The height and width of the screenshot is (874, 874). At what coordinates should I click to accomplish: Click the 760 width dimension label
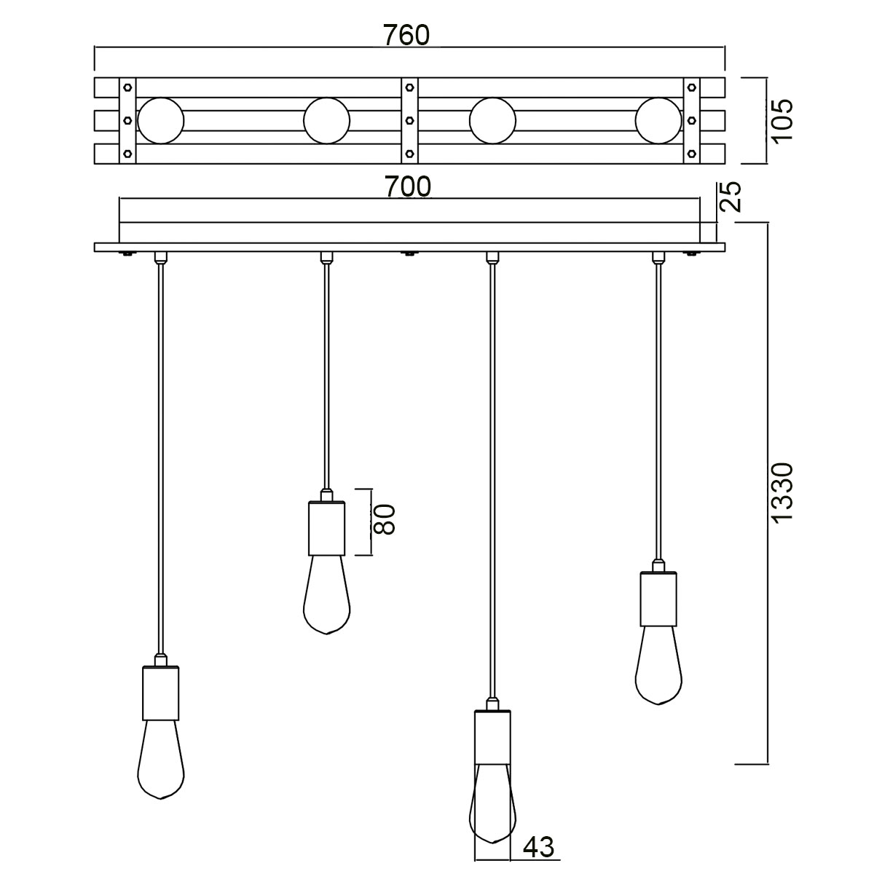pyautogui.click(x=409, y=35)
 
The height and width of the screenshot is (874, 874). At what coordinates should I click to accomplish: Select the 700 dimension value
pyautogui.click(x=409, y=187)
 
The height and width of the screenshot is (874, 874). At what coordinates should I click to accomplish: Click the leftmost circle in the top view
pyautogui.click(x=161, y=120)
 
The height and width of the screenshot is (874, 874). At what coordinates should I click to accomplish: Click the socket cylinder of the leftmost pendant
pyautogui.click(x=161, y=693)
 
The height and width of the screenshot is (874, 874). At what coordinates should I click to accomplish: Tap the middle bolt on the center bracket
pyautogui.click(x=409, y=120)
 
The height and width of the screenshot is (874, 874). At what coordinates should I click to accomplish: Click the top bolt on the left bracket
pyautogui.click(x=127, y=87)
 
